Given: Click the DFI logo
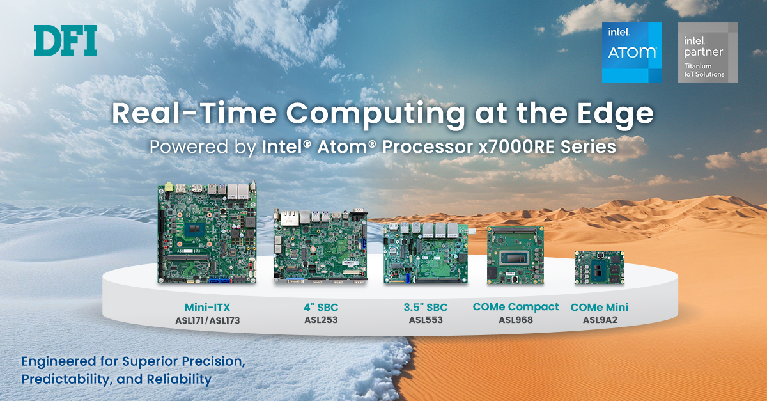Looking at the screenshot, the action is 65,40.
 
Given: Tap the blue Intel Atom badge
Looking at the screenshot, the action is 631,52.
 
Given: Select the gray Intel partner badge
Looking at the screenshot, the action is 708,52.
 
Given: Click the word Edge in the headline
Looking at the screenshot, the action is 616,114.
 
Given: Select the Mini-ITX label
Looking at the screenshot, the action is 208,307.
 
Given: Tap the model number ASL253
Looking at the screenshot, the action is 321,320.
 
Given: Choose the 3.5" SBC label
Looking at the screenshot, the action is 426,307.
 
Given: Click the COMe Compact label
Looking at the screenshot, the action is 516,307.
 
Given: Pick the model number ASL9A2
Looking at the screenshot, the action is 600,320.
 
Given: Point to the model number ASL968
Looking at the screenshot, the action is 516,320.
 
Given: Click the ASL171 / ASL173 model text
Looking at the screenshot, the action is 208,320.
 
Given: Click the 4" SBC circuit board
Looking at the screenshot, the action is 320,246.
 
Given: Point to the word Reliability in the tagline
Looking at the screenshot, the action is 179,379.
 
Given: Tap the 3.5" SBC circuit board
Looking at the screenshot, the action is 426,253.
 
